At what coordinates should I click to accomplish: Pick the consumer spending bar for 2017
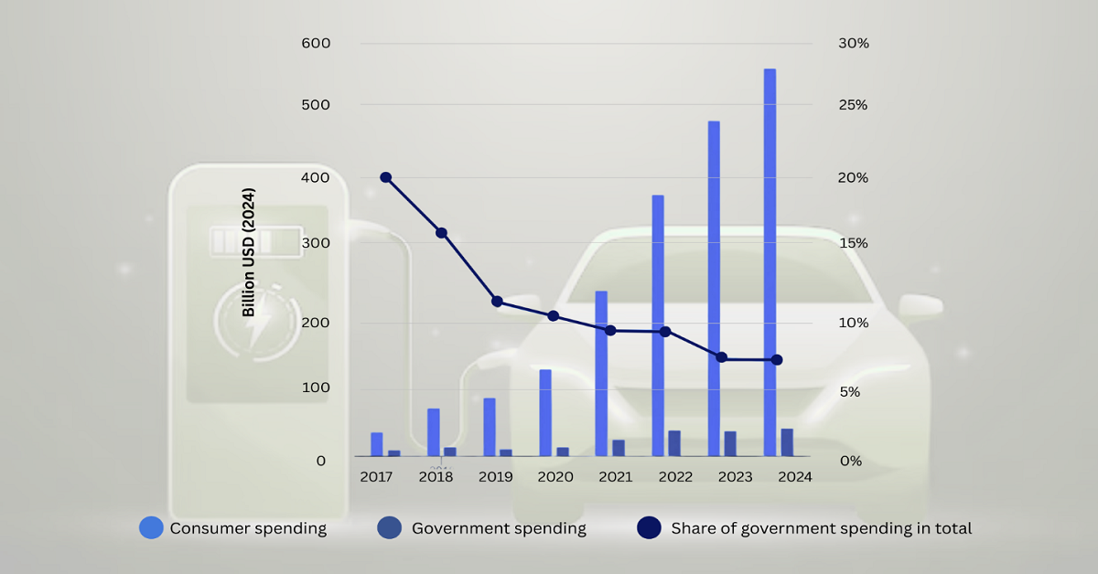(376, 444)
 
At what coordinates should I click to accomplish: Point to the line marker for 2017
(385, 177)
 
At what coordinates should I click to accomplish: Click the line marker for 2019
(497, 302)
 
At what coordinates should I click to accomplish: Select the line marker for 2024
(777, 360)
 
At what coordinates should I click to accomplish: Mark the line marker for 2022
(665, 332)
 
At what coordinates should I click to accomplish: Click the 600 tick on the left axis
(316, 43)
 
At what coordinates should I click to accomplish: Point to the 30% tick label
(853, 43)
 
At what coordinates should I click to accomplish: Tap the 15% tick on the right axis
(853, 243)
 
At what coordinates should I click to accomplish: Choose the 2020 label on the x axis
(554, 477)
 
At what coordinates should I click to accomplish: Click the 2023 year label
(735, 477)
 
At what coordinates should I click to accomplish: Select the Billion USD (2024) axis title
(249, 252)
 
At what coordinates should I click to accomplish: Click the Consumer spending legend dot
(151, 527)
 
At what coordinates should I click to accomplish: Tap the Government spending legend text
(499, 528)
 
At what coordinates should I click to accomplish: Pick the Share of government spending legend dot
(649, 527)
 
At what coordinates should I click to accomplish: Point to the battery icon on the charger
(242, 242)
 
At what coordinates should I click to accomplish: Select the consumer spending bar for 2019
(490, 427)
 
